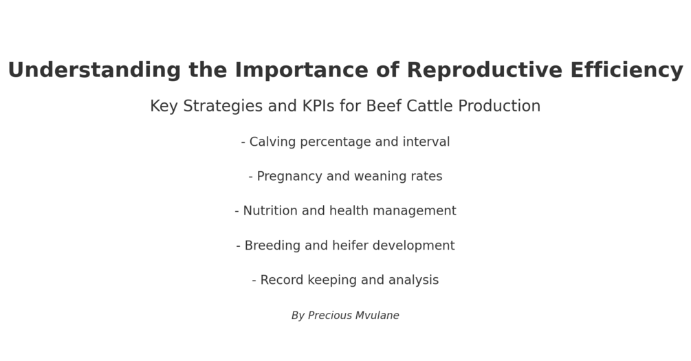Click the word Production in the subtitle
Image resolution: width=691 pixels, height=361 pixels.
tap(499, 107)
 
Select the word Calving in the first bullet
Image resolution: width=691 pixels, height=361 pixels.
tap(272, 142)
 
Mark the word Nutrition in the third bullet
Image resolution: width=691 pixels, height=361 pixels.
tap(270, 211)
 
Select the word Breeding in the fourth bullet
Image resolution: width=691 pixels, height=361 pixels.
tap(272, 246)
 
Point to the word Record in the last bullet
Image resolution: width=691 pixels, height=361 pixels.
tap(281, 281)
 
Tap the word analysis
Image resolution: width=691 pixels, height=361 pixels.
tap(413, 281)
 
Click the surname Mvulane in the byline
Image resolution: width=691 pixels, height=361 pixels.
tap(377, 316)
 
